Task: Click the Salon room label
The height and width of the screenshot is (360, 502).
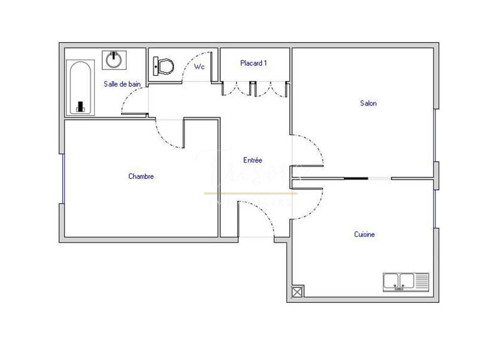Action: tap(368, 103)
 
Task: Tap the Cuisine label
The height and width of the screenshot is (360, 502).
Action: tap(365, 235)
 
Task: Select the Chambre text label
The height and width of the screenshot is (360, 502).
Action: tap(141, 176)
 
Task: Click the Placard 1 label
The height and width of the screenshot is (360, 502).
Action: tap(254, 63)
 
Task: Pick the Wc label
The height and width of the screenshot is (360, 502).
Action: tap(200, 66)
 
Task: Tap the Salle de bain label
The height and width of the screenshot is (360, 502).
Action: tap(122, 83)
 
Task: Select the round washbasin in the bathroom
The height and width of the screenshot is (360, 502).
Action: tap(114, 60)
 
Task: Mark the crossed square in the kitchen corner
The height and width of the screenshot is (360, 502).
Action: tap(297, 292)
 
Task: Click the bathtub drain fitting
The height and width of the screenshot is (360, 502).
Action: tap(80, 106)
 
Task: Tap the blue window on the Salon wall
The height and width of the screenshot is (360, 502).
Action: tap(435, 135)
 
